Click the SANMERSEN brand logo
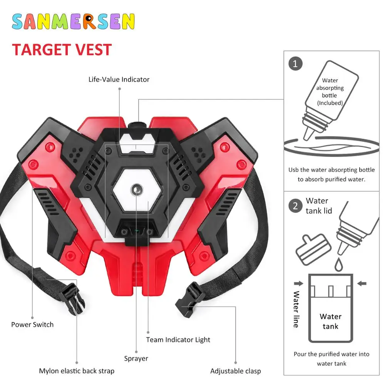click(73, 22)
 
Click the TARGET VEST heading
click(62, 50)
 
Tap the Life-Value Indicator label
click(119, 80)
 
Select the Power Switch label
click(32, 325)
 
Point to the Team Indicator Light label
click(178, 340)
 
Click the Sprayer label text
click(136, 358)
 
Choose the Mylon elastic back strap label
click(77, 371)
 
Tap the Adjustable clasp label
click(235, 371)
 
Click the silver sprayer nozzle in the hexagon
click(136, 189)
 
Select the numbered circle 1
click(295, 64)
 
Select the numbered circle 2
click(295, 206)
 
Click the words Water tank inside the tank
click(330, 321)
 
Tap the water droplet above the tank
click(338, 264)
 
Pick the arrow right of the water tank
click(362, 284)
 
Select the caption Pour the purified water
click(331, 358)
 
